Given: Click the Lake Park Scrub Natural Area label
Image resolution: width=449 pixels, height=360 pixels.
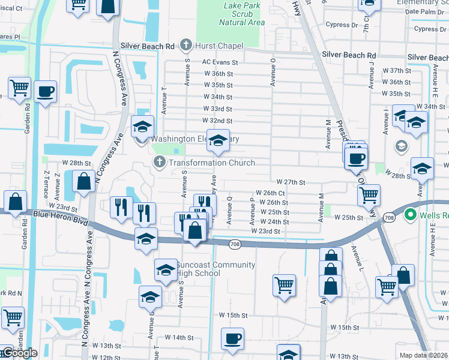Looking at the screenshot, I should point(243,14).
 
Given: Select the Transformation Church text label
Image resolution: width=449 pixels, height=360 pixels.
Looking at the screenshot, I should point(211,163).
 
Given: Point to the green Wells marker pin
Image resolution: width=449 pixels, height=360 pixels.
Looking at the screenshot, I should point(411,214).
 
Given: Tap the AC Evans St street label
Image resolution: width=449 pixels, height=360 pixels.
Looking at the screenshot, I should point(220,62).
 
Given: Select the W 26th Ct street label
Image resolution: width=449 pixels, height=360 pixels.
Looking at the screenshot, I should point(270,193).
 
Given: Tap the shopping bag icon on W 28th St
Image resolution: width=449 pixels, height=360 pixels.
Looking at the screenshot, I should point(83,181).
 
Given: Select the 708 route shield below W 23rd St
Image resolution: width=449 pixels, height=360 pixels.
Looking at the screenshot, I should point(236,243).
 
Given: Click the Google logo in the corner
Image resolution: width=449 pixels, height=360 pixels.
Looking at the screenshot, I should point(20,353).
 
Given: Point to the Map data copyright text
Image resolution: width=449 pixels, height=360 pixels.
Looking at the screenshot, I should point(424,355).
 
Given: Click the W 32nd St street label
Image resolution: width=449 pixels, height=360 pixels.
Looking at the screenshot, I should point(217,121).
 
